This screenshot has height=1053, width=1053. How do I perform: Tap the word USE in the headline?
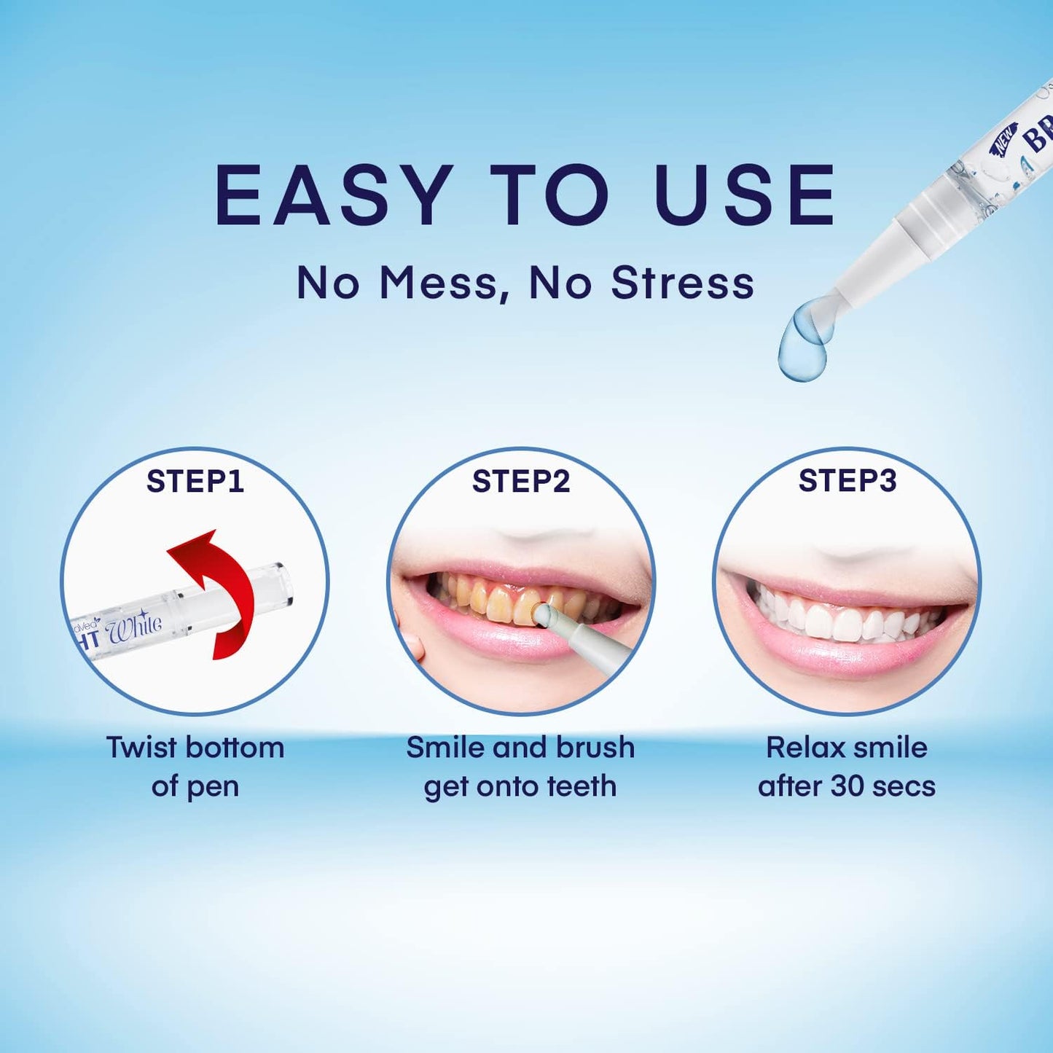coord(745,195)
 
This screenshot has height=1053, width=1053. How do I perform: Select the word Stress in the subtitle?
coord(682,283)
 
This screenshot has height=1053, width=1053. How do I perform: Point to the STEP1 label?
coord(195,481)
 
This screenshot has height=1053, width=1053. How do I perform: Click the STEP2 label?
coord(520,481)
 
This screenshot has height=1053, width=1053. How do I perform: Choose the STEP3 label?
coord(847,481)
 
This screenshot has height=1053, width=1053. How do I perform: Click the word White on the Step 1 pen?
coord(134,627)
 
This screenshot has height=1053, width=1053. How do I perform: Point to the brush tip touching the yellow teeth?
coord(542,614)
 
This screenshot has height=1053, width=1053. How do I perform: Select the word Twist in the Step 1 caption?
coord(141,748)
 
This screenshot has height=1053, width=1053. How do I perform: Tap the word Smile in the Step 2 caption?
coord(444,748)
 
